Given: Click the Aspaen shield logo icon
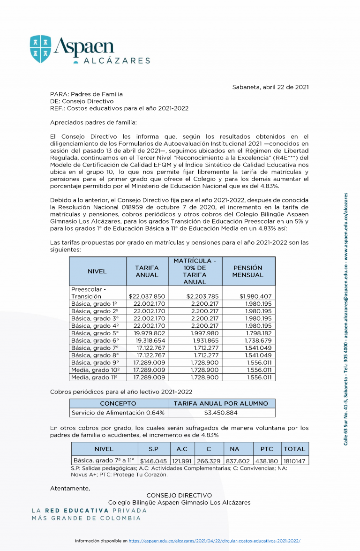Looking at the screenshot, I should pyautogui.click(x=40, y=49).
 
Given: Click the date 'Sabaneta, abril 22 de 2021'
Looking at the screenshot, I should pyautogui.click(x=270, y=87).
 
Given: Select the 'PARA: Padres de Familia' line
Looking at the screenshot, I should pyautogui.click(x=86, y=94).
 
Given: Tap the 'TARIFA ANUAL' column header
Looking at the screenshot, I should pyautogui.click(x=147, y=271).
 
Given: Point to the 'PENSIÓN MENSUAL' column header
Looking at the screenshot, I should pyautogui.click(x=248, y=271).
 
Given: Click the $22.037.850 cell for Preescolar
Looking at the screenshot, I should pyautogui.click(x=147, y=296).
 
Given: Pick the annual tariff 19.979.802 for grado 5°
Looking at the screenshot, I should pyautogui.click(x=149, y=333).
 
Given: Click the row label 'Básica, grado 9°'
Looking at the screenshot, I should pyautogui.click(x=95, y=362).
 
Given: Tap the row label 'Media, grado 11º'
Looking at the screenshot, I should pyautogui.click(x=95, y=377).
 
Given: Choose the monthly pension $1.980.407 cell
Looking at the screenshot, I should pyautogui.click(x=255, y=296).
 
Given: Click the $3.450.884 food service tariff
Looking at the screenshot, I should pyautogui.click(x=221, y=413).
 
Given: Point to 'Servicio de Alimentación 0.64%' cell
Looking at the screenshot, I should pyautogui.click(x=118, y=413).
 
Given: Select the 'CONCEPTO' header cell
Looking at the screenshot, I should pyautogui.click(x=118, y=403).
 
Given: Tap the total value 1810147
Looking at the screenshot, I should pyautogui.click(x=294, y=461).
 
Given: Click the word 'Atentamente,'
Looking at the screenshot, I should pyautogui.click(x=70, y=488).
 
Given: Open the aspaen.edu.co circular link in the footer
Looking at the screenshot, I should pyautogui.click(x=214, y=541).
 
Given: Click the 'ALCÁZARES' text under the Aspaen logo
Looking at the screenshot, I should pyautogui.click(x=117, y=60).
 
